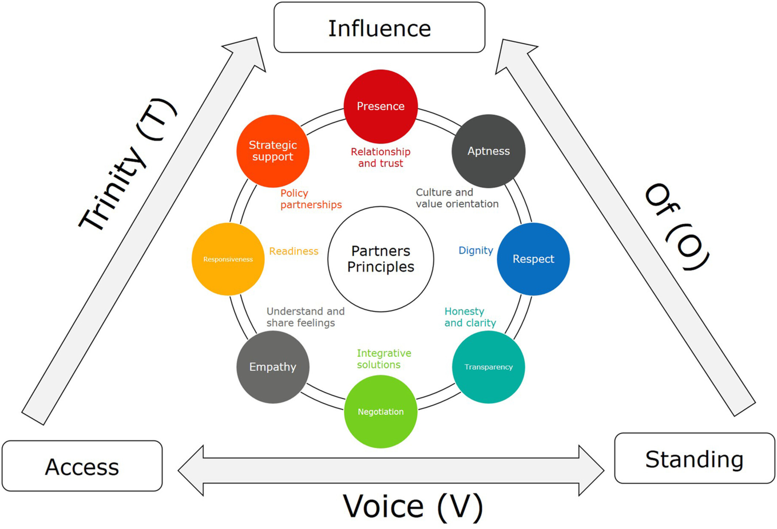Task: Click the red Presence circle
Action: tap(380, 106)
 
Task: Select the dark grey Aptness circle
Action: tap(489, 151)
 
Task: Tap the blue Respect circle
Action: tap(533, 259)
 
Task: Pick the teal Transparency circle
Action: tap(489, 367)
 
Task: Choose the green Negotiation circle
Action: tap(380, 412)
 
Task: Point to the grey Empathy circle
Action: tap(273, 367)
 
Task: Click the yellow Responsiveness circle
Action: tap(228, 259)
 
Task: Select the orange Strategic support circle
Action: tap(273, 151)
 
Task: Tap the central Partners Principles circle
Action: tap(380, 259)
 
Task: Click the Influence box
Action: tap(379, 28)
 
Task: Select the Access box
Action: tap(82, 466)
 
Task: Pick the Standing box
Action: tap(694, 459)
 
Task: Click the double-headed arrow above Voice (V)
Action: tap(391, 471)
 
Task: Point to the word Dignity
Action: tap(475, 250)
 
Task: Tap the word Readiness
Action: tap(294, 251)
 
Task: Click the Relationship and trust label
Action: tap(380, 157)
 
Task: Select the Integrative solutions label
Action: tap(384, 359)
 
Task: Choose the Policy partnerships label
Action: tap(311, 199)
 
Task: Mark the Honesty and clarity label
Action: tap(470, 317)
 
